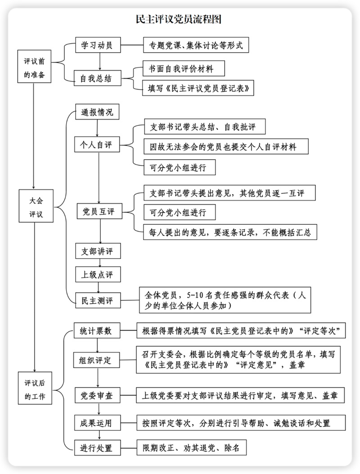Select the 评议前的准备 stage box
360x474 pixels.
tap(34, 67)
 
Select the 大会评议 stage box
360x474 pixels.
tap(35, 206)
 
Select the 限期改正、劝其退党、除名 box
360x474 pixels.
tap(191, 448)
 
